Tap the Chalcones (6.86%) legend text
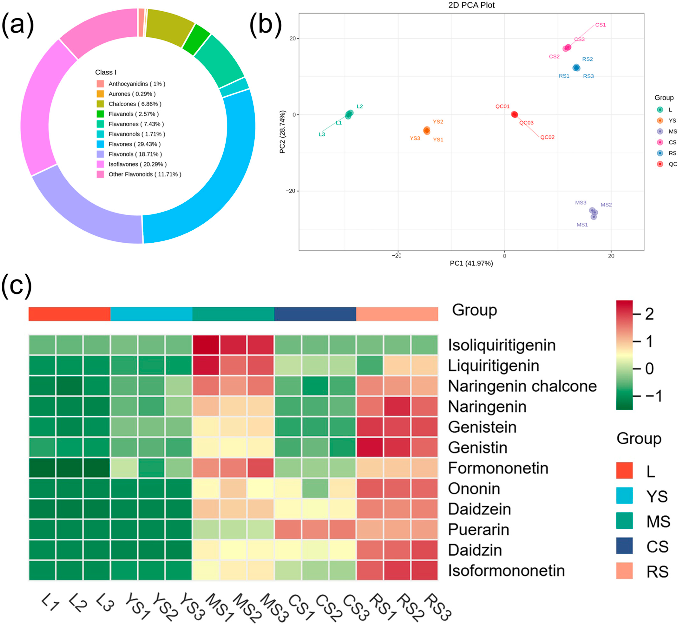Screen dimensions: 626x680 click(x=135, y=104)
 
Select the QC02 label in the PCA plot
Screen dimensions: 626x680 click(x=547, y=137)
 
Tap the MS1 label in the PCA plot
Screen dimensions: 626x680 click(x=582, y=225)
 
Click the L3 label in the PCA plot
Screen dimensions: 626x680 click(x=322, y=135)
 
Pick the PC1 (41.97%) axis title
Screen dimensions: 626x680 click(x=471, y=263)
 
